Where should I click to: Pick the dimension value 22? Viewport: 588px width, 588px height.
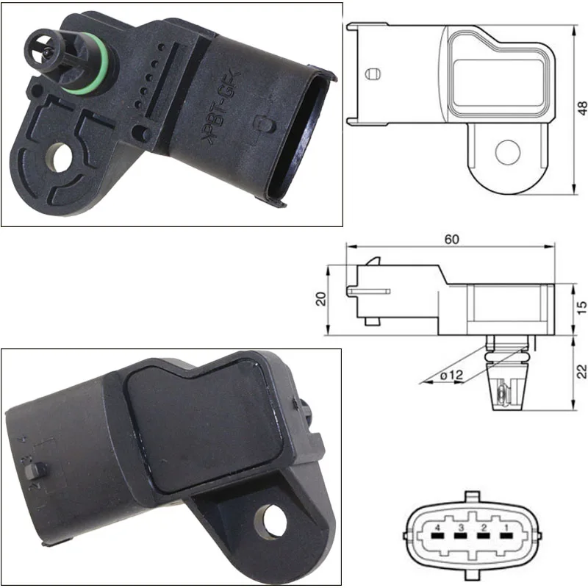[x=581, y=371]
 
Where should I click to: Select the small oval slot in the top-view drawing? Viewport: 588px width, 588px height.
[x=373, y=73]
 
